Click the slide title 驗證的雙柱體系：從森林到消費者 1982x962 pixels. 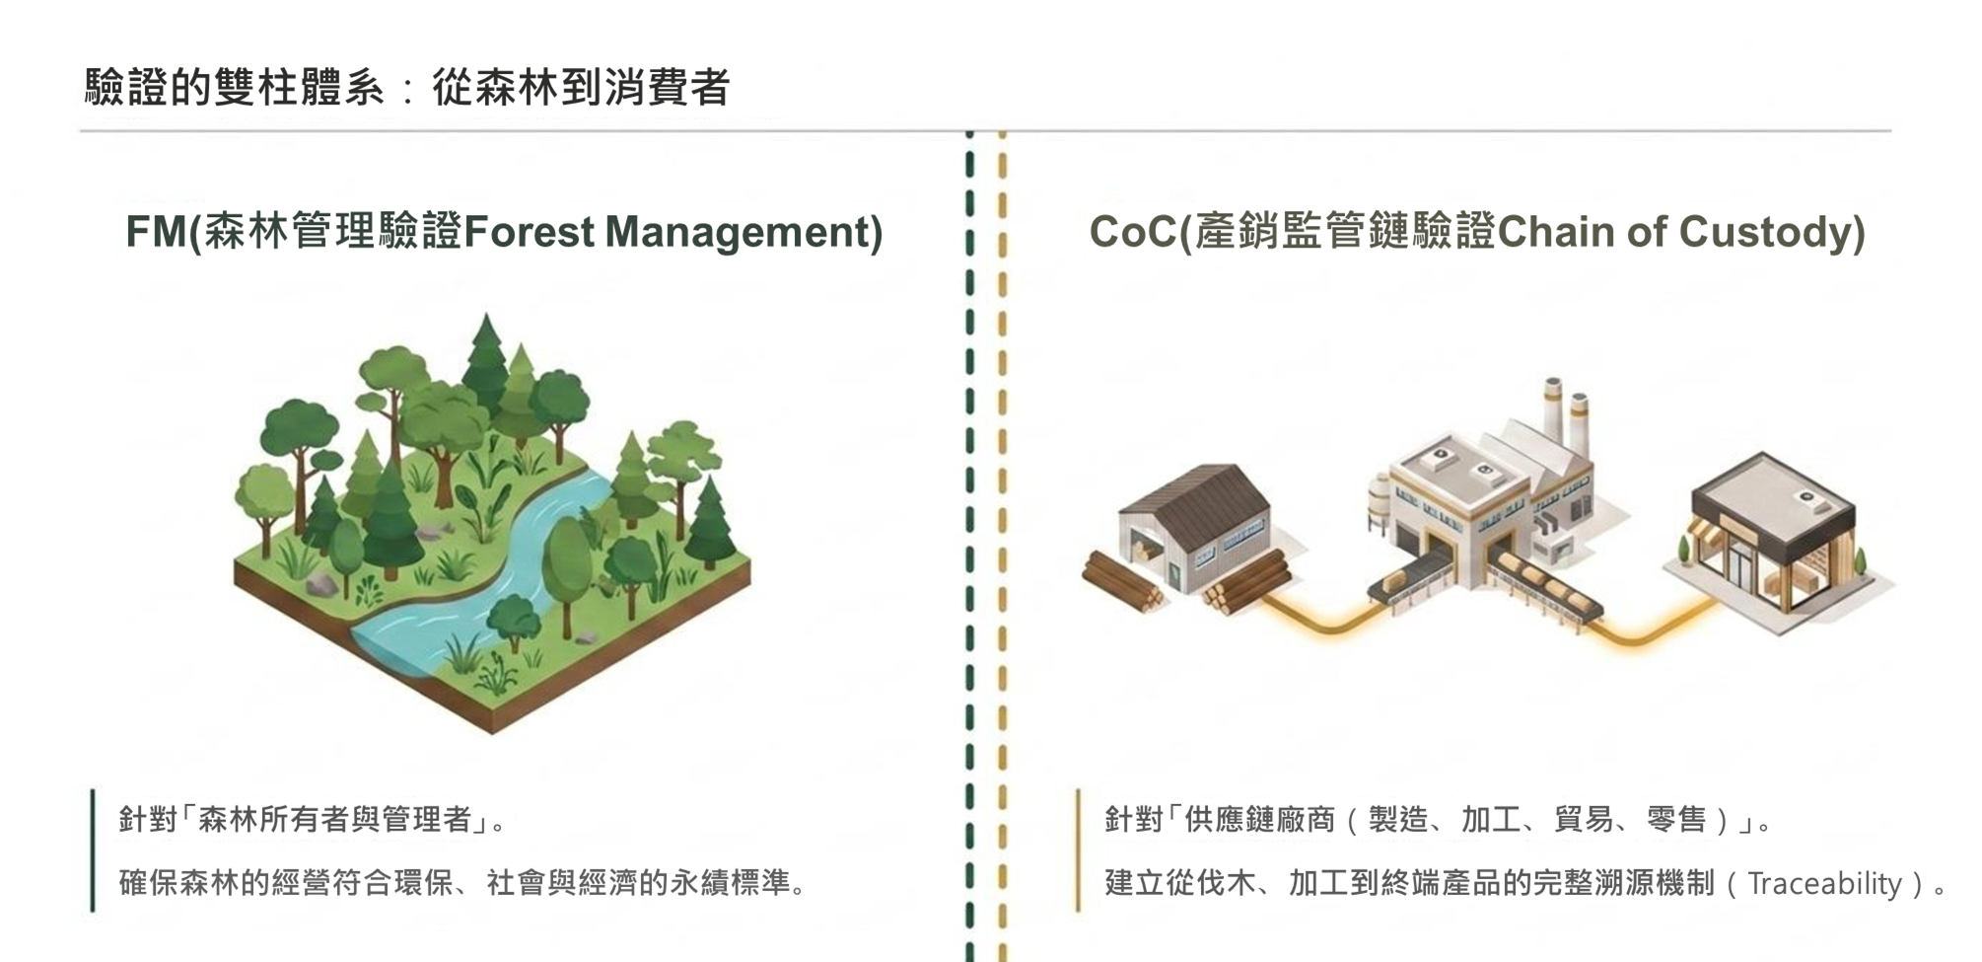point(407,87)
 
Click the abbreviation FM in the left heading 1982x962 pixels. point(156,232)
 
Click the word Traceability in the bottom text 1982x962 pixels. point(1824,883)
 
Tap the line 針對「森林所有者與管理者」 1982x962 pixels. point(312,819)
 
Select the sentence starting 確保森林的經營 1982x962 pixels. point(462,882)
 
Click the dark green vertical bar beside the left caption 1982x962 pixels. point(93,851)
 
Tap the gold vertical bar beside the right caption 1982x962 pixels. point(1078,851)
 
